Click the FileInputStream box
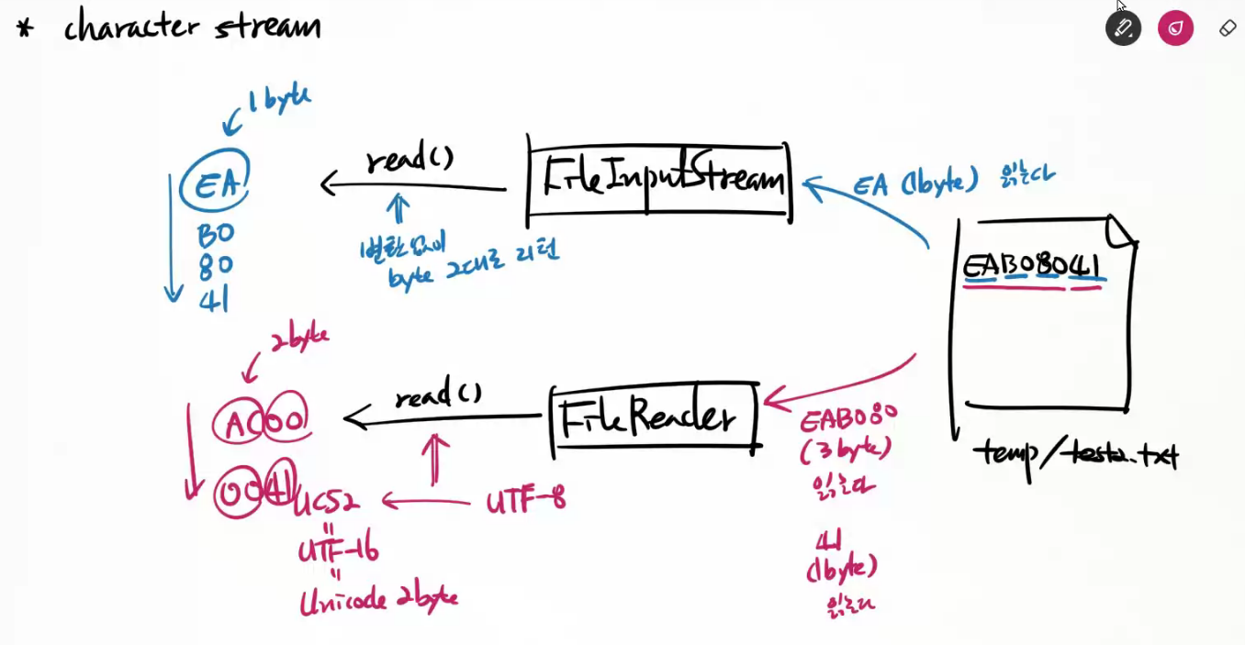coord(659,179)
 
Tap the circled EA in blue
coord(215,183)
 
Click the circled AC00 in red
coord(261,422)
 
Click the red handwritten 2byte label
coord(298,338)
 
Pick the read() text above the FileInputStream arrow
coord(409,159)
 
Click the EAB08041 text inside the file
coord(1032,267)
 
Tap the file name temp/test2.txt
coord(1075,453)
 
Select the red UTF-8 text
coord(525,501)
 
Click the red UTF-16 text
coord(338,550)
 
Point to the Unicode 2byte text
coord(378,600)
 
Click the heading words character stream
coord(192,26)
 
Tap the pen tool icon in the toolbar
coord(1123,28)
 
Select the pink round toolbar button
coord(1175,28)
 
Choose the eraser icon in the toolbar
coord(1228,28)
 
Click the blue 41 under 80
coord(213,299)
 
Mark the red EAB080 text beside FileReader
coord(847,419)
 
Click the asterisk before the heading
coord(25,28)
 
